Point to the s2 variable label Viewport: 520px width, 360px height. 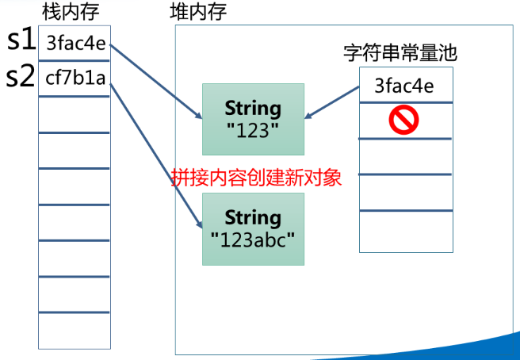tap(21, 77)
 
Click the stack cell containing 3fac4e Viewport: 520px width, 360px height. tap(74, 43)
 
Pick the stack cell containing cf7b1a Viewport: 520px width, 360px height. tap(74, 79)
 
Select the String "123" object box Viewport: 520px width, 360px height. tap(253, 119)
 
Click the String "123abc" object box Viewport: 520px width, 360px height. tap(253, 228)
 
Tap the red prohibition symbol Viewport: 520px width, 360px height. tap(404, 120)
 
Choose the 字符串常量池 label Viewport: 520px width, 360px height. tap(400, 54)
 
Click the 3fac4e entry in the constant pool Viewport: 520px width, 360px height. tap(404, 86)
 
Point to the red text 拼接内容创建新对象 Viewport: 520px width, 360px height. tap(257, 177)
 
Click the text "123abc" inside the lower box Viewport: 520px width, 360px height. tap(253, 238)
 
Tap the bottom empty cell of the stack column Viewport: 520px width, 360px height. tap(74, 331)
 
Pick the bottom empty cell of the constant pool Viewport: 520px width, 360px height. tap(405, 232)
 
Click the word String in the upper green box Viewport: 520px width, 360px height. tap(253, 108)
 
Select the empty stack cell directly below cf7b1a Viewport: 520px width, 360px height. tap(74, 113)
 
